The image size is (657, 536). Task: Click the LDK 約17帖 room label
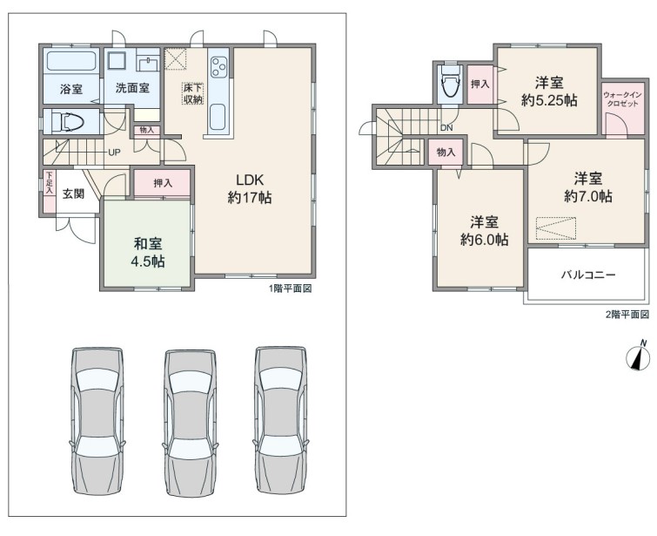(x=250, y=188)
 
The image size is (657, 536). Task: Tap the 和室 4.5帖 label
(x=148, y=252)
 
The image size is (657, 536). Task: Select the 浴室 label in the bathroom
(x=71, y=89)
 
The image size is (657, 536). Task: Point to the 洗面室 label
(x=132, y=88)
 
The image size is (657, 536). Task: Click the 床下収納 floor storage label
(x=192, y=94)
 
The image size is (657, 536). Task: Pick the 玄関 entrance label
(x=73, y=193)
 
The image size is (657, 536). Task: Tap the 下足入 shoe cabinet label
(x=50, y=182)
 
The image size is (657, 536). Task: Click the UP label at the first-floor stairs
(x=114, y=153)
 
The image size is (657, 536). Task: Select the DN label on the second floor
(x=446, y=128)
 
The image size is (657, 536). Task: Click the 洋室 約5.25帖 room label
(x=549, y=92)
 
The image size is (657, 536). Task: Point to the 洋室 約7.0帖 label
(x=588, y=187)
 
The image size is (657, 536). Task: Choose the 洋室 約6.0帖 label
(x=485, y=230)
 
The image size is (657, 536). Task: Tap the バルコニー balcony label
(x=588, y=275)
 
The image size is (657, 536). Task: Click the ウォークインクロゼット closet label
(x=623, y=99)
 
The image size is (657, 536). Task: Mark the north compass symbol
(x=638, y=356)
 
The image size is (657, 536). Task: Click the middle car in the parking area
(x=191, y=423)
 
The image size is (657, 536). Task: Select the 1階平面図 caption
(x=290, y=288)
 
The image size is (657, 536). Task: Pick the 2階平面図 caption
(x=627, y=315)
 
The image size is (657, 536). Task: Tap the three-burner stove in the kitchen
(x=218, y=67)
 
